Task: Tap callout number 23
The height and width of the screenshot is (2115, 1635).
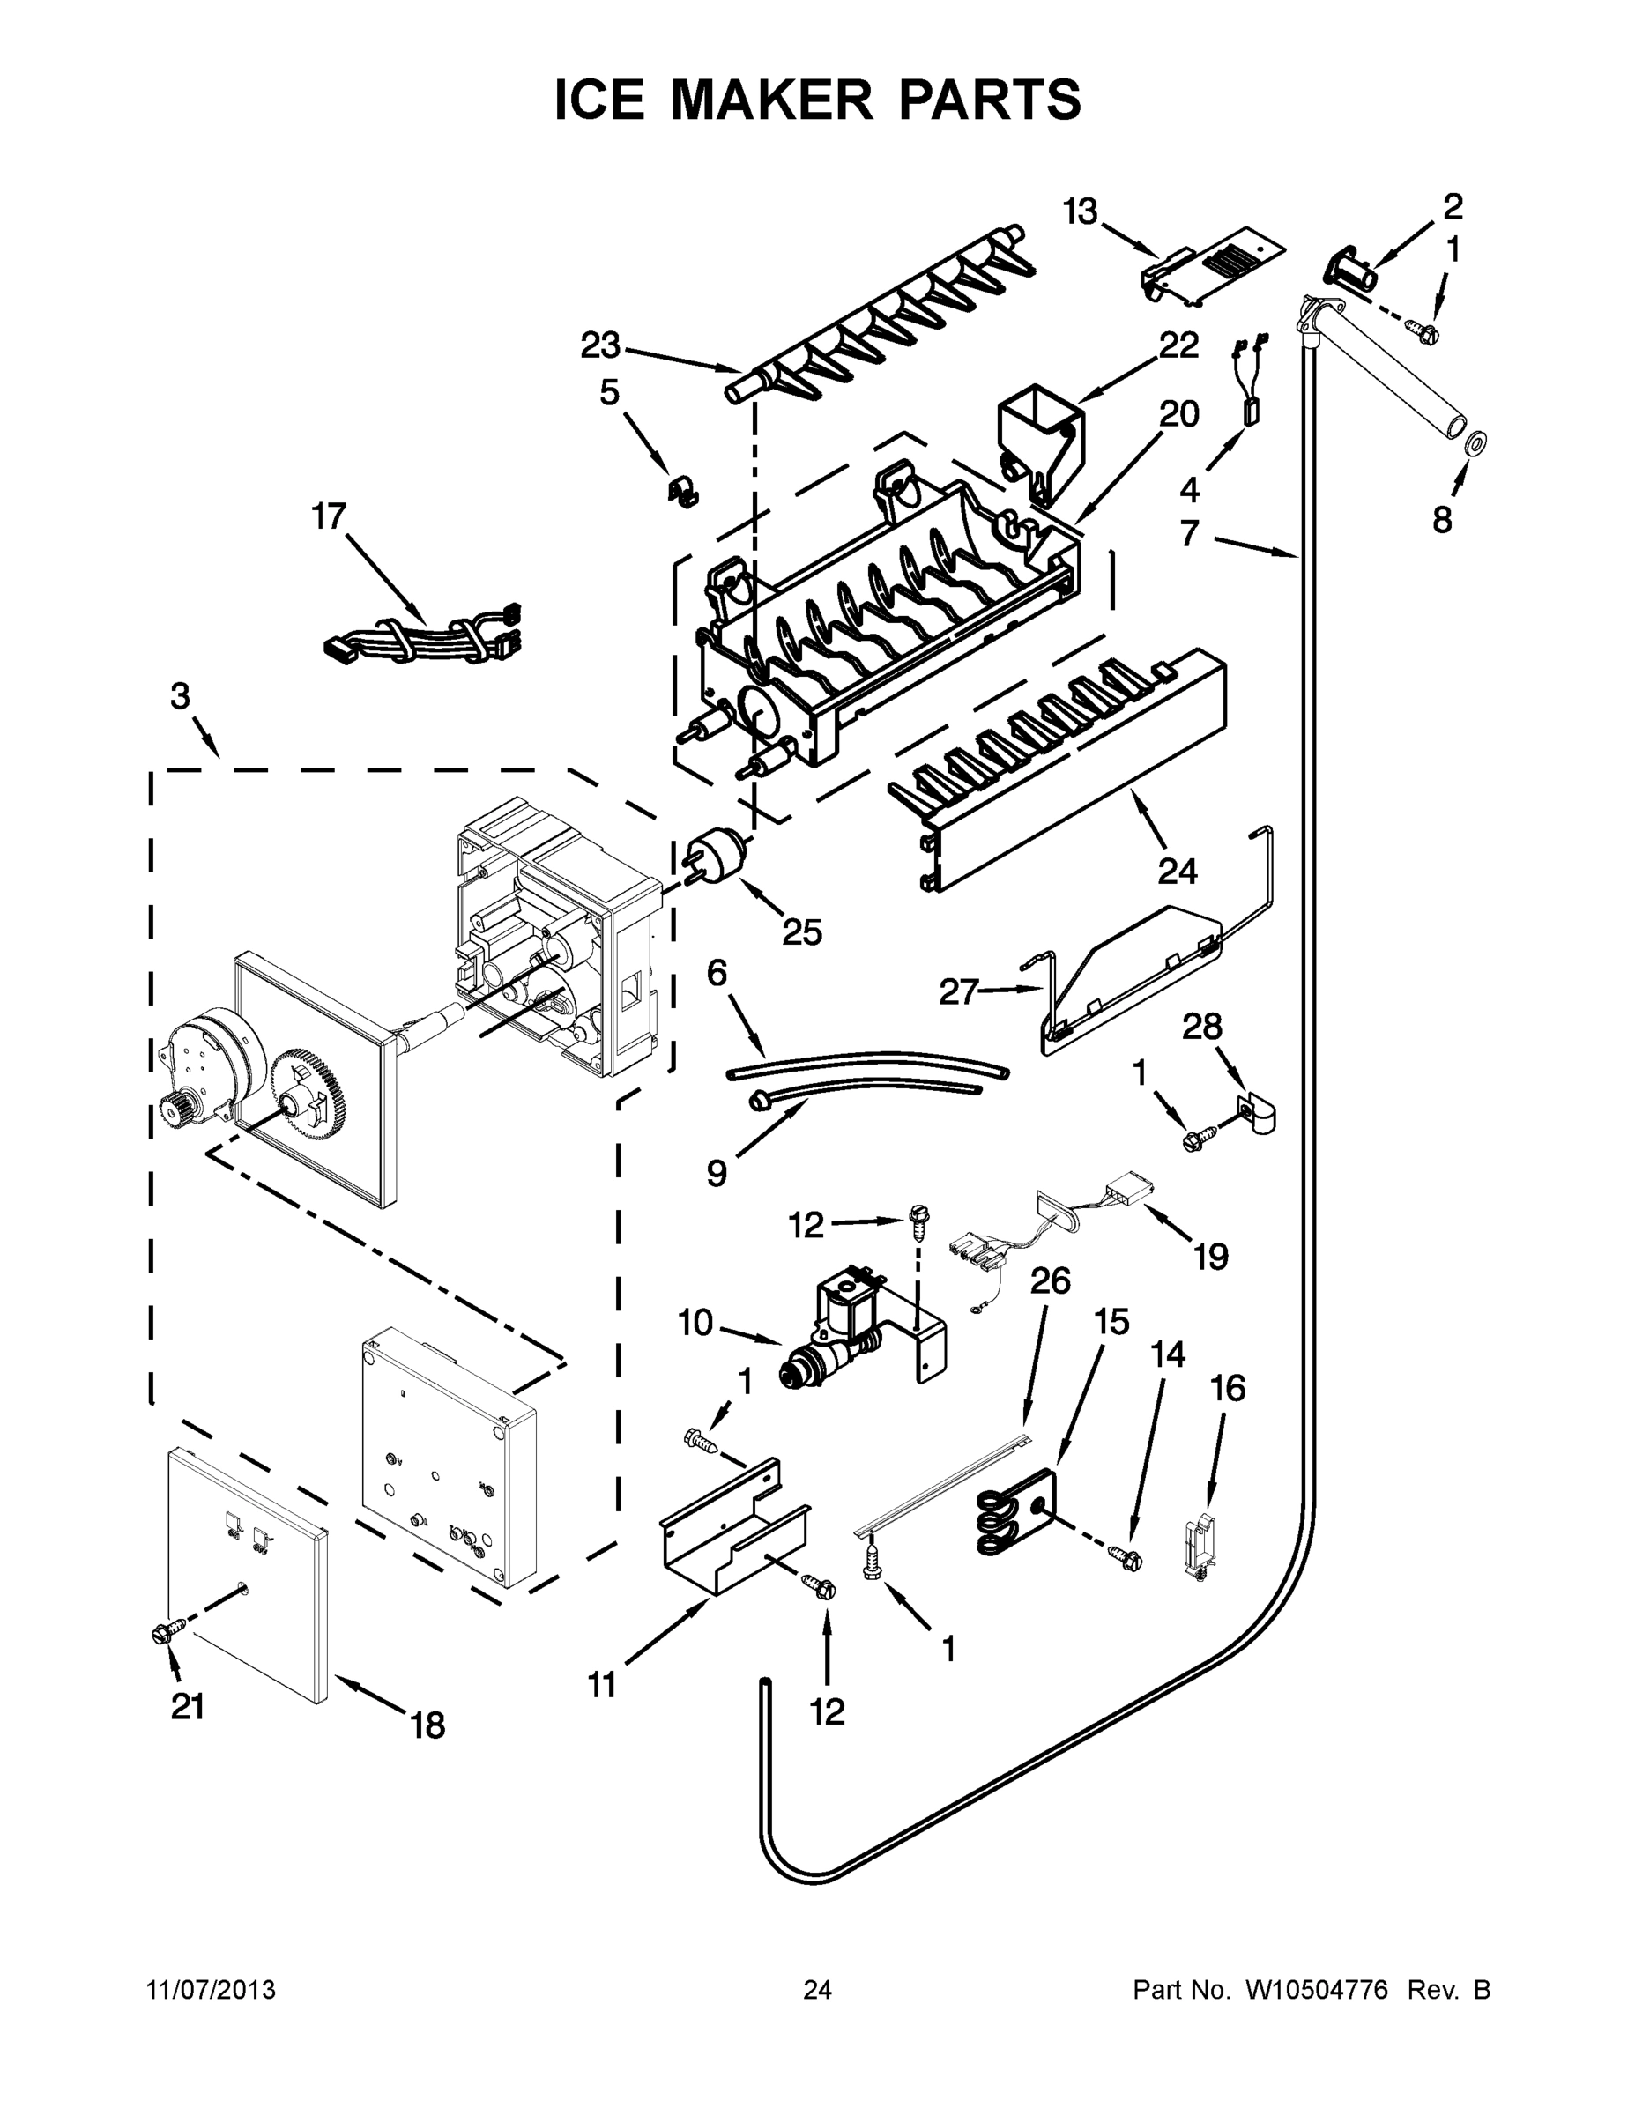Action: tap(600, 345)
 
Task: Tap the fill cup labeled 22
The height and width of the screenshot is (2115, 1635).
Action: tap(1040, 433)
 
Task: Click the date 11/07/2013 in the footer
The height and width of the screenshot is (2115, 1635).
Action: tap(212, 1989)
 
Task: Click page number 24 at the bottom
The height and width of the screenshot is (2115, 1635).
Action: tap(818, 1989)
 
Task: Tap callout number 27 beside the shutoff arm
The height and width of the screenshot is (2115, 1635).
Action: tap(959, 991)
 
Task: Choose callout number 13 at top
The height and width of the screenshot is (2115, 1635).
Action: tap(1081, 211)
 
